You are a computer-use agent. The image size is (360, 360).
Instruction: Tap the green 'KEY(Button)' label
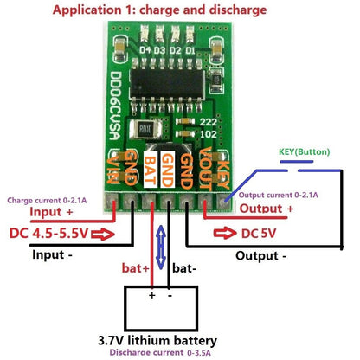pos(305,152)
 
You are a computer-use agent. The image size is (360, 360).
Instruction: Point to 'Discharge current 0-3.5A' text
pos(171,353)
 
